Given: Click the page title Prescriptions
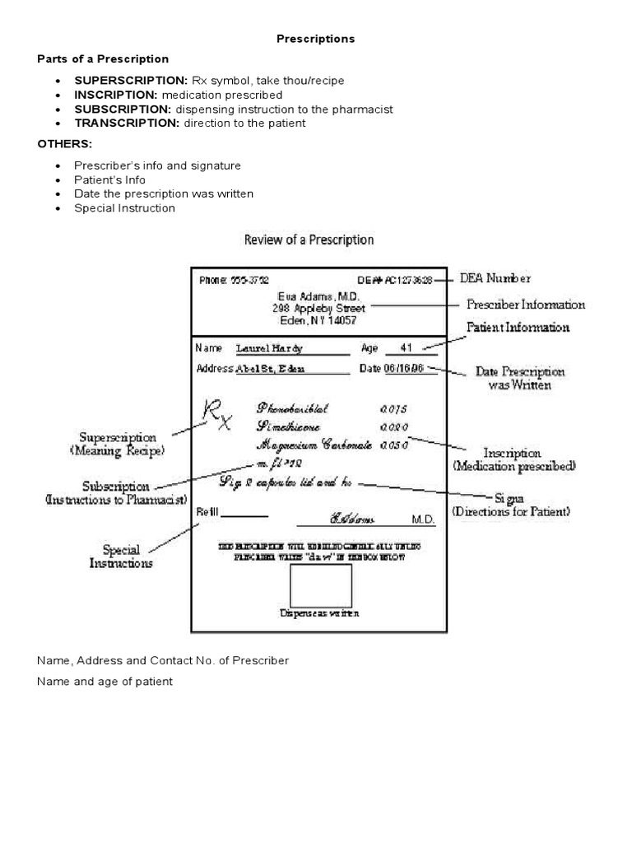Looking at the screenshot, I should [x=315, y=39].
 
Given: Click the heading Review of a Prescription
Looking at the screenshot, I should [x=309, y=240].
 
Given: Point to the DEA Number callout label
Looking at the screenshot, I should [x=495, y=278].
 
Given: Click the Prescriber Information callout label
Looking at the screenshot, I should [x=526, y=305].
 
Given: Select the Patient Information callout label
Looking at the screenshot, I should [x=518, y=328].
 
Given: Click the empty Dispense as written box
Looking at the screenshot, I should [x=320, y=585].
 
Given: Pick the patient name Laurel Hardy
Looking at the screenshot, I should [x=269, y=348].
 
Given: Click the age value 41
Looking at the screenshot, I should [x=408, y=347].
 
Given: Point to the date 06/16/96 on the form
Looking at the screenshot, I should [x=403, y=369].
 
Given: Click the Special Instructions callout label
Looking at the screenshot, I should [x=121, y=557].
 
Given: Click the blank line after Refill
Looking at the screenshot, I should [x=245, y=516].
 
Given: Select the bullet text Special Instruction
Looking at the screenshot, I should [x=124, y=208].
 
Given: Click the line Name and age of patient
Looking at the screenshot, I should [x=105, y=682].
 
